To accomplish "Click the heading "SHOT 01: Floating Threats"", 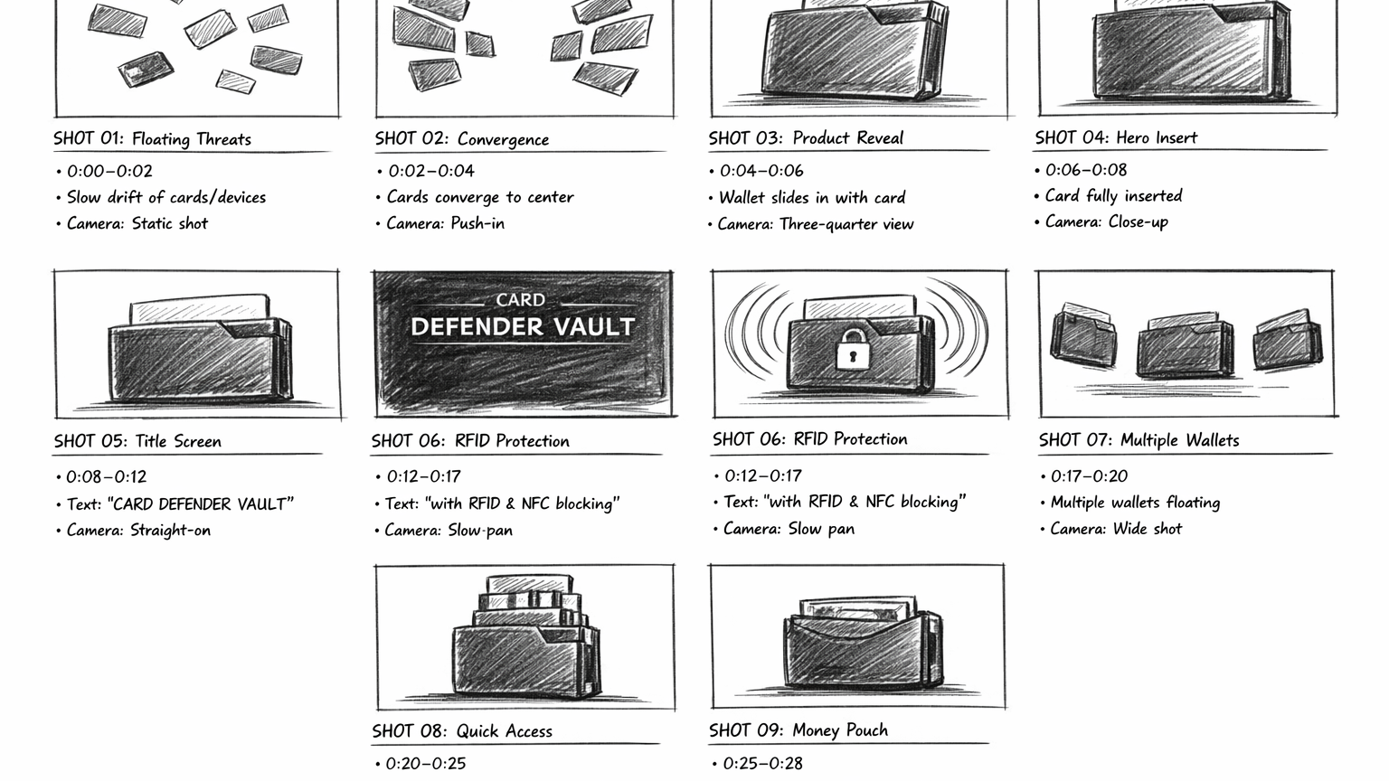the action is coord(153,139).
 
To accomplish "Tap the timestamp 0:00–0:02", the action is coord(109,171).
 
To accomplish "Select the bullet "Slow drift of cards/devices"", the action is coord(166,198).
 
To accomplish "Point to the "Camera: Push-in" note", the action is coord(445,223).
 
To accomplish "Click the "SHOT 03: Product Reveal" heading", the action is coord(806,137).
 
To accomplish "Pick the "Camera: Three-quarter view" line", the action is coord(816,224).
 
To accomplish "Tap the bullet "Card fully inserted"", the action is coord(1114,196).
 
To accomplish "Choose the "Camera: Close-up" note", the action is coord(1107,221).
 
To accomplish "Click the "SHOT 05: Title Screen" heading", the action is coord(137,441).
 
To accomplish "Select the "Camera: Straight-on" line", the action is coord(139,531).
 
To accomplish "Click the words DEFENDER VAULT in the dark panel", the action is coord(523,326).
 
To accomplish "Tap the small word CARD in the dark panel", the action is coord(521,300).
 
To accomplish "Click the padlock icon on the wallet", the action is coord(854,349).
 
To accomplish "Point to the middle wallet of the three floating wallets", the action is coord(1185,346).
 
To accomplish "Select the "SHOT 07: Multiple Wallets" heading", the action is coord(1139,440).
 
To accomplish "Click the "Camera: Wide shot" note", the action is coord(1116,529).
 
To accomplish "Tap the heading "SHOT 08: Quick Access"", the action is coord(462,731).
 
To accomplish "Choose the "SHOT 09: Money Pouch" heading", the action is coord(798,730).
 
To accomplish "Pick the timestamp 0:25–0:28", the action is coord(762,764).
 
